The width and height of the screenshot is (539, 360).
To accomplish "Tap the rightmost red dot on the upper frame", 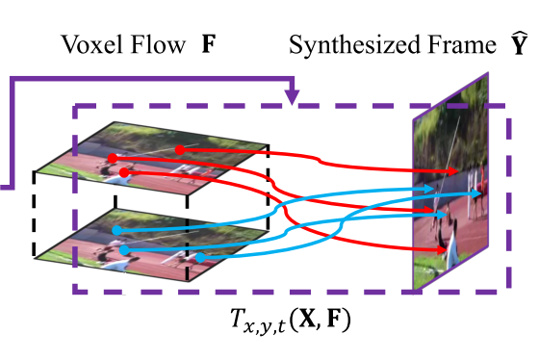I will click(x=179, y=149).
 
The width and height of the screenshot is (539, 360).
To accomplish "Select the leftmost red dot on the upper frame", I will click(x=112, y=157).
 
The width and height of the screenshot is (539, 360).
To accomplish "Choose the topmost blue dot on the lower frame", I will click(x=115, y=230).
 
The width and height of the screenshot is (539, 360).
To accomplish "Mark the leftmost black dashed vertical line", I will click(x=35, y=215).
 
